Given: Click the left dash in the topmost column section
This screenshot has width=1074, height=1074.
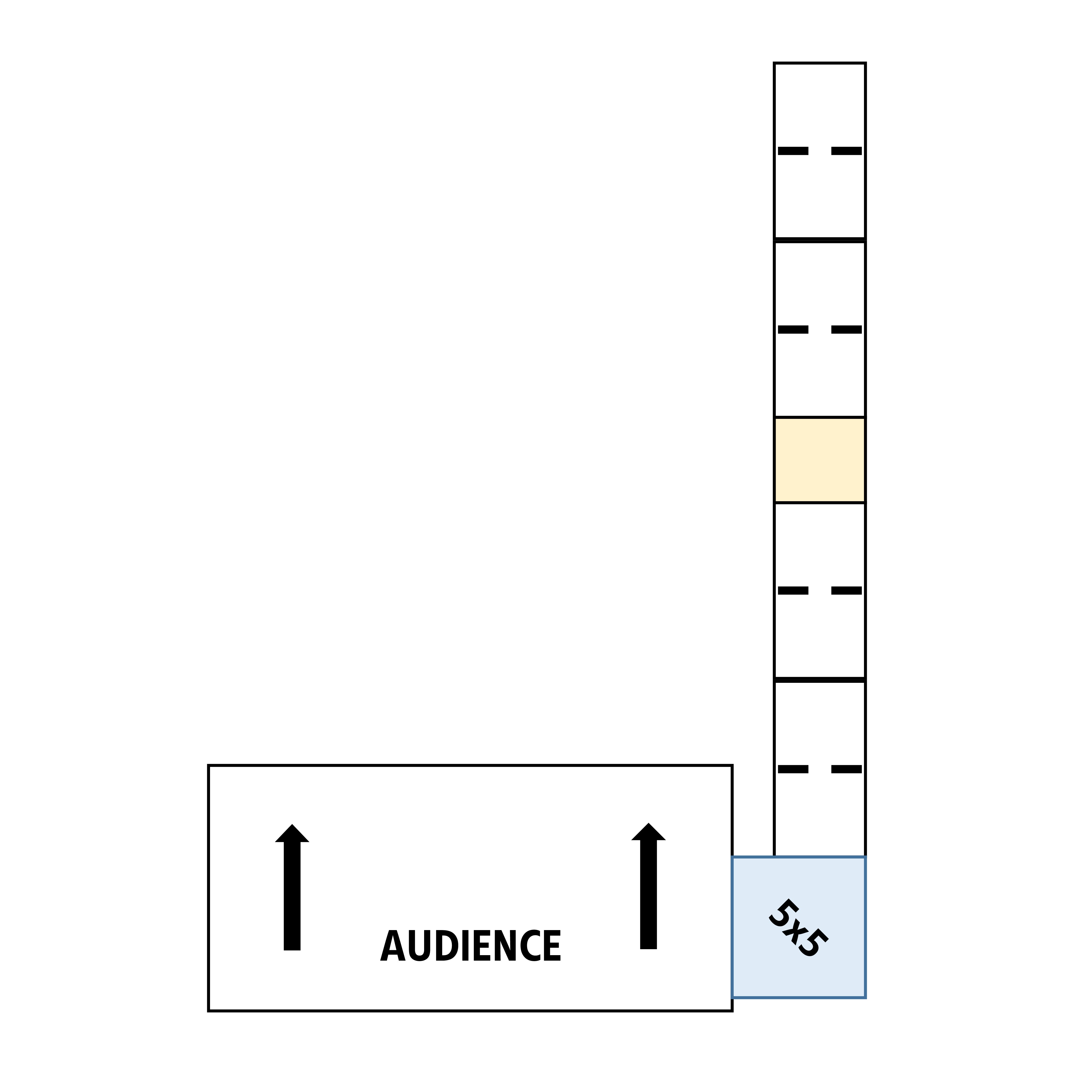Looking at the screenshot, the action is tap(793, 151).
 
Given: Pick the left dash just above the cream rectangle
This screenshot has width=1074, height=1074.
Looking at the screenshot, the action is tap(793, 330).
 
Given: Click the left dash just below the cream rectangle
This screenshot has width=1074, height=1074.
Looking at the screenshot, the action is tap(793, 590).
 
